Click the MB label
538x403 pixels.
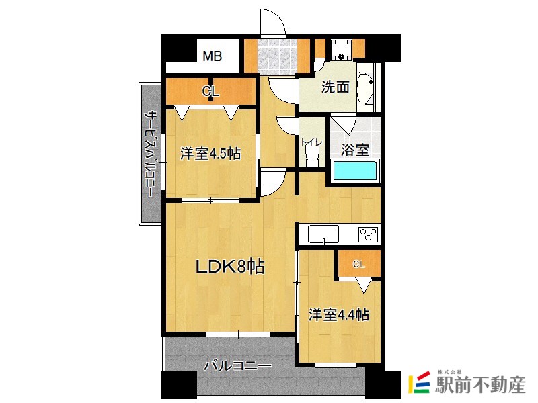213,56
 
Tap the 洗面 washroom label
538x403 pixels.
334,87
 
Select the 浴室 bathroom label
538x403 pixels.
354,150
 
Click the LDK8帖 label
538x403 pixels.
230,267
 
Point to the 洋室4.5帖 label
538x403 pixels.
210,154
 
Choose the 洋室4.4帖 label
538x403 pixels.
338,314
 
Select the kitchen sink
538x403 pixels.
323,234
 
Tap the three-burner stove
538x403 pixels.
369,234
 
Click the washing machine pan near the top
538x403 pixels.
340,48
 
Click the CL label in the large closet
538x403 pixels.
210,90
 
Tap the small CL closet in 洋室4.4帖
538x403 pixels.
359,264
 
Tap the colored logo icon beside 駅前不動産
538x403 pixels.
420,382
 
